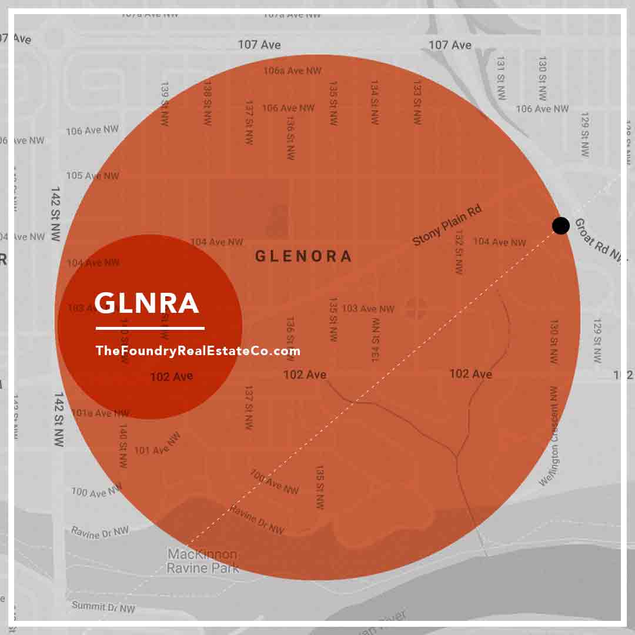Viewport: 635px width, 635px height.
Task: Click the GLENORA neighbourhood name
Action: (x=303, y=256)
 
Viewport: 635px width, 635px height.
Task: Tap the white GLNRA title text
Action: (x=147, y=303)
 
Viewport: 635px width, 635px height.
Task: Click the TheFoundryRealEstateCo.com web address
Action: (x=198, y=351)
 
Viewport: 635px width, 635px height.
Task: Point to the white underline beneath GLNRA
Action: (x=150, y=328)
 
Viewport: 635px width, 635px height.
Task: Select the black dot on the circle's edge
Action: (x=561, y=225)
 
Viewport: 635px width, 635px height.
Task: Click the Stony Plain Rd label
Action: (x=447, y=225)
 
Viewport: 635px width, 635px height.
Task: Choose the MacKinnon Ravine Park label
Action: (x=203, y=561)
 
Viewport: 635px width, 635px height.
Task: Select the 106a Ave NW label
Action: (x=292, y=71)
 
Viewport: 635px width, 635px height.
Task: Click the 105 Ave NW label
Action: (x=92, y=176)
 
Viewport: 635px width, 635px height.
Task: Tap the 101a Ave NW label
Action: (x=100, y=413)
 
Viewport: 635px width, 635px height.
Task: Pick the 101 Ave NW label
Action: (x=157, y=444)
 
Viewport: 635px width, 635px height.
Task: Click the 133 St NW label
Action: (x=417, y=102)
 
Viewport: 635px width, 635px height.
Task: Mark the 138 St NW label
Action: (x=207, y=102)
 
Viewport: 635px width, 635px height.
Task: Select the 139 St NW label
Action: (x=165, y=102)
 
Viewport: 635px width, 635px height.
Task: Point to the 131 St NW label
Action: (x=500, y=78)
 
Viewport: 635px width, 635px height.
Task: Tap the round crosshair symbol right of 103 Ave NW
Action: (x=416, y=308)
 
